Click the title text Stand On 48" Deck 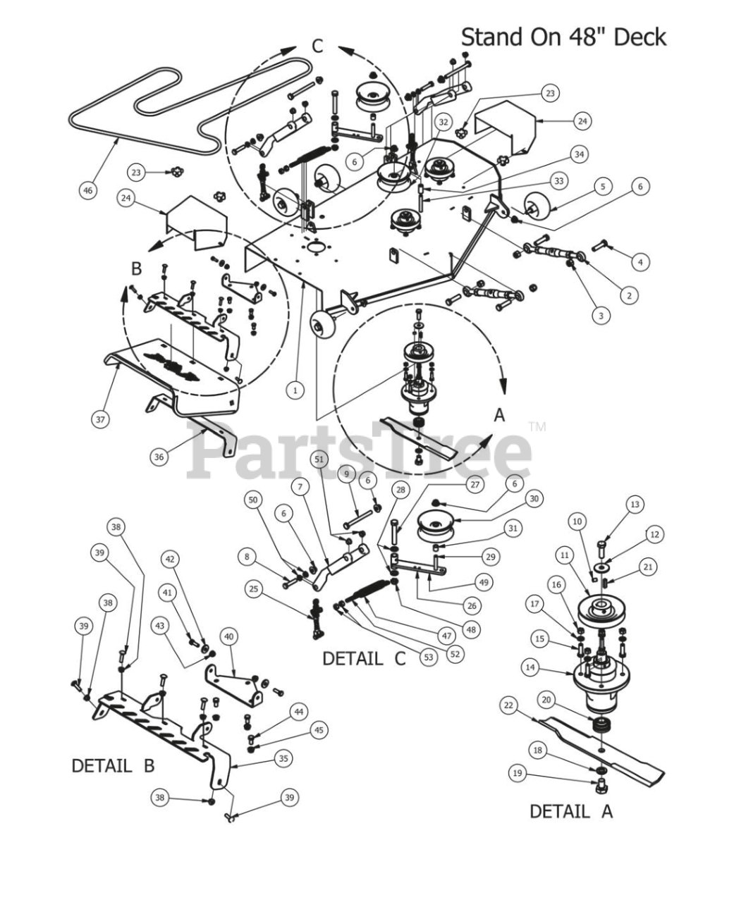click(x=563, y=37)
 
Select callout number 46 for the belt click(x=87, y=190)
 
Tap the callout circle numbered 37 click(x=100, y=419)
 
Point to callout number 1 click(x=295, y=388)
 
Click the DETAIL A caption click(x=570, y=811)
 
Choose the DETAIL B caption click(x=113, y=765)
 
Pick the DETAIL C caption click(x=364, y=659)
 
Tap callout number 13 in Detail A click(x=635, y=505)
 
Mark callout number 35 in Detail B click(x=283, y=758)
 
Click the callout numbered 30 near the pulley click(x=534, y=498)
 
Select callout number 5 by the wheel click(x=602, y=187)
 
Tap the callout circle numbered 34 click(x=579, y=154)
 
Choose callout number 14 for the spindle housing click(x=530, y=666)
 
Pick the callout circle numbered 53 click(x=428, y=657)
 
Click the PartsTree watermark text click(x=360, y=449)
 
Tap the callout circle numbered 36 click(x=160, y=457)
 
